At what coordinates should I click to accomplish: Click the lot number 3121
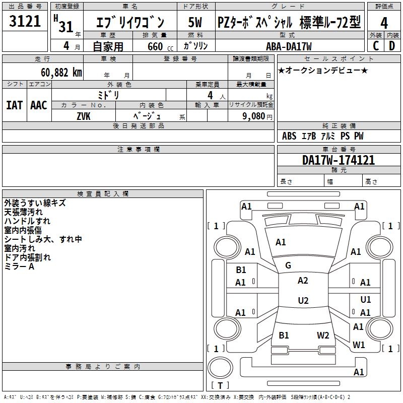25,21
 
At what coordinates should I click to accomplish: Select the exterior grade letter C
376,45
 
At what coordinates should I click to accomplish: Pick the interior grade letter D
392,45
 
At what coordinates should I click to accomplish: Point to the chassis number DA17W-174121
339,160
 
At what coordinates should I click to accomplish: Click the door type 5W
195,22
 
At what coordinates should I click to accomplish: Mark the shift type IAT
14,105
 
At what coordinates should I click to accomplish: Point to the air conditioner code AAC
39,105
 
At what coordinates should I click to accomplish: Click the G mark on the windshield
288,265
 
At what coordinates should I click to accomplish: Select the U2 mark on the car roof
303,301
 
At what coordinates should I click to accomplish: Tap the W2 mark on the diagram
323,335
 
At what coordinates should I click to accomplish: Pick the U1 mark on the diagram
366,300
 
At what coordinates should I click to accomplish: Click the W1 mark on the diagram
359,345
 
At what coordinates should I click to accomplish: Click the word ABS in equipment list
289,136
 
